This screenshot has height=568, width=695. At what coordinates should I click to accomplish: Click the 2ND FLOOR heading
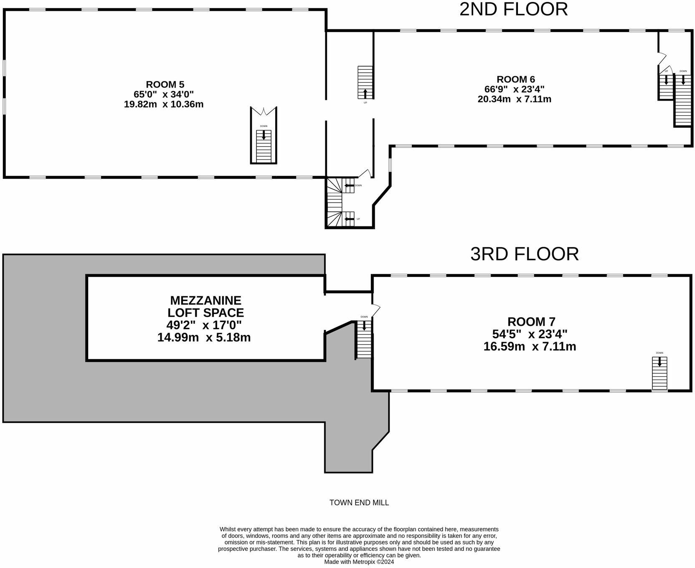point(513,10)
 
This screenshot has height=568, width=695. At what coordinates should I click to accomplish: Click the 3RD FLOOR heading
point(524,254)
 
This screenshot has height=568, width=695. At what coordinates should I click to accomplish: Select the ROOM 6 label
point(515,79)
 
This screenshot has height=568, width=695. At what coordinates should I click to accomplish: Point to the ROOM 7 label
point(531,322)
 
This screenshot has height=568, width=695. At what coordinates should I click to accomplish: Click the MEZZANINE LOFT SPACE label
point(205,306)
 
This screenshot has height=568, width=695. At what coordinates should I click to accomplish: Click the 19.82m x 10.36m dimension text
point(164,104)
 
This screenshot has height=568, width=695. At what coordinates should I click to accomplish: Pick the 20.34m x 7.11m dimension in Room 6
point(514,99)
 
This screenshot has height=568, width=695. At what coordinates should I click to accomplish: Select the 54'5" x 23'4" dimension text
point(531,334)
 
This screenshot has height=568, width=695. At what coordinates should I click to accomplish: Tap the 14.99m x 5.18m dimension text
point(204,337)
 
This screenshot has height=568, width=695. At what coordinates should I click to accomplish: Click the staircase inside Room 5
point(264,146)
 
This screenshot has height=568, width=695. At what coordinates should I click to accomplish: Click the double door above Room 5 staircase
point(264,112)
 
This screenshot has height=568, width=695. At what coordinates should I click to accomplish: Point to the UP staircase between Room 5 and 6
point(365,82)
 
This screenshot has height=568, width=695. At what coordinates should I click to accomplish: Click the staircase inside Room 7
point(659,373)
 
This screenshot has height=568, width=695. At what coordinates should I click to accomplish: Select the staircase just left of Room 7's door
point(364,339)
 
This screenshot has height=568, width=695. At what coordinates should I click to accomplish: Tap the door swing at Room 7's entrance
point(376,310)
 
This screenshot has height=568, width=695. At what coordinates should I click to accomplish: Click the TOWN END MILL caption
point(359,502)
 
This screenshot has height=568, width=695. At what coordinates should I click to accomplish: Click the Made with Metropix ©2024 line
point(359,562)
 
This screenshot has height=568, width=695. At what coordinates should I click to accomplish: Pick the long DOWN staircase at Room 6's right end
point(683,100)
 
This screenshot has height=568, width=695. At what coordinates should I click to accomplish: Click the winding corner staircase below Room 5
point(335,203)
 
